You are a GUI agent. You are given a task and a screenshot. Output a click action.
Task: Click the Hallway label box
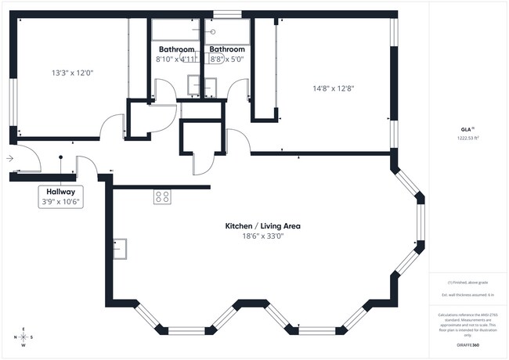60,196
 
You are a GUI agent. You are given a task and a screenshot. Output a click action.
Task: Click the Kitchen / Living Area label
262,225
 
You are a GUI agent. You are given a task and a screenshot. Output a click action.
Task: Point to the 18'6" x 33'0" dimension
262,236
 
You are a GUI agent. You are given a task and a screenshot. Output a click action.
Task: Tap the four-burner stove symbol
162,197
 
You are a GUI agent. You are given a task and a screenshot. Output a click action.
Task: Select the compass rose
23,337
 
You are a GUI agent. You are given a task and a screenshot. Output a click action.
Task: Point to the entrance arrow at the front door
9,158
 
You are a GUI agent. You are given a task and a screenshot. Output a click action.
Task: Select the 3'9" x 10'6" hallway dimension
60,201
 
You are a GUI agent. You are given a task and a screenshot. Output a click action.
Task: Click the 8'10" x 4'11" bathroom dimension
176,59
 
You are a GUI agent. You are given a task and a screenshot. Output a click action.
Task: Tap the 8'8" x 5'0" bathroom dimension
226,59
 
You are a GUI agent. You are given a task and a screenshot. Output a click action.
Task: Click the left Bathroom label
176,49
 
